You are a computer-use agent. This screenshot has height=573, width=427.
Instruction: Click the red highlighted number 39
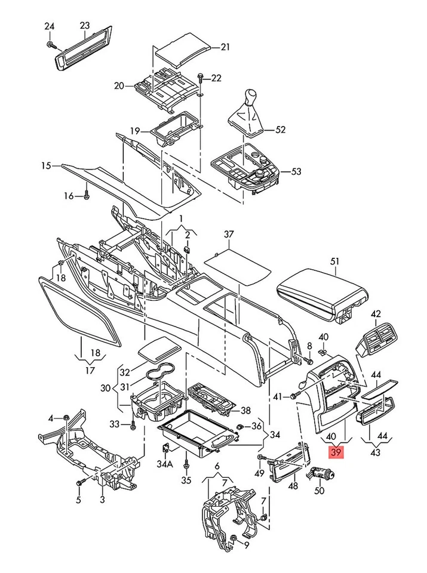tap(336, 453)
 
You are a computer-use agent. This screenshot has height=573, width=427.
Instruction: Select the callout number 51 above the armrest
tap(334, 261)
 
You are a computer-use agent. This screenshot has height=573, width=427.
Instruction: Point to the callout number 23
tap(85, 25)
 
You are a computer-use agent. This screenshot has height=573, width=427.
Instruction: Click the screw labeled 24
tap(51, 45)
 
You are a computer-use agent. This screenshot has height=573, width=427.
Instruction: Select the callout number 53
tap(296, 171)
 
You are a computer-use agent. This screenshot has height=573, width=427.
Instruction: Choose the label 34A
tap(165, 464)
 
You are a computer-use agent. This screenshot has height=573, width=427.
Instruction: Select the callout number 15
tap(47, 165)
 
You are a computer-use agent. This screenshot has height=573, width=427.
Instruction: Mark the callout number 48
tap(293, 486)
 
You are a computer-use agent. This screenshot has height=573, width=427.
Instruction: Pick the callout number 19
tap(135, 131)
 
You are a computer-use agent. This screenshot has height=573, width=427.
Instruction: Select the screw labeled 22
tap(201, 78)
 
